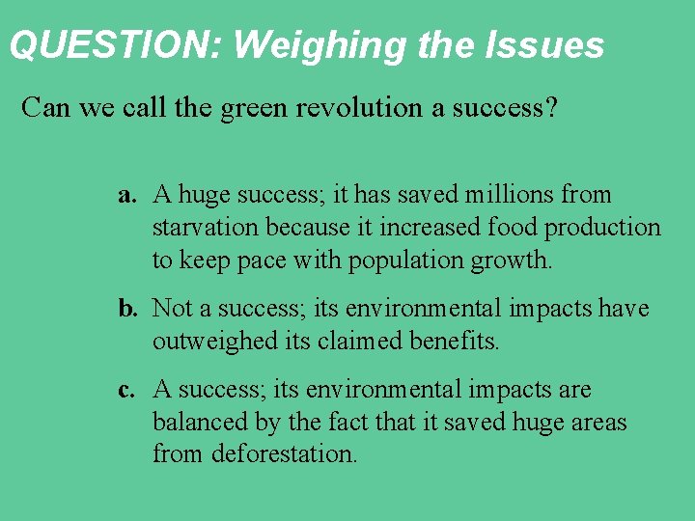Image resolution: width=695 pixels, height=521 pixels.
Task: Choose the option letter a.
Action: (x=125, y=195)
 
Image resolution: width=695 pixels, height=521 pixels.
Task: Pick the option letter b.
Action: (x=126, y=309)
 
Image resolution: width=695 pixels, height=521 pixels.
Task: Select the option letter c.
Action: (x=125, y=391)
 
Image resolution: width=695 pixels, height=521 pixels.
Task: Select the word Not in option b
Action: (x=173, y=309)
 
